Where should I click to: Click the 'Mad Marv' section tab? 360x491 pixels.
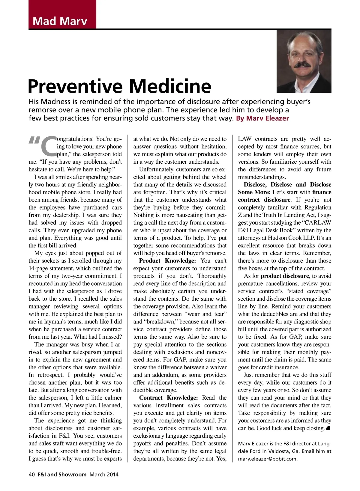pos(60,21)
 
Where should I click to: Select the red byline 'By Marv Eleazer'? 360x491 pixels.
pos(262,118)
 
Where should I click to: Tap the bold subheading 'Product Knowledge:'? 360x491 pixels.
pos(167,261)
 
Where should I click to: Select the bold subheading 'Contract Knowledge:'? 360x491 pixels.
pos(168,398)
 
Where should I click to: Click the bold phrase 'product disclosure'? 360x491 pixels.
pos(284,276)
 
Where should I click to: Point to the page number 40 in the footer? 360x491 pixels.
pos(32,475)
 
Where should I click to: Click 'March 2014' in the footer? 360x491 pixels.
pos(104,475)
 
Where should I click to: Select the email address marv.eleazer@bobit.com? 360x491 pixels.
pos(268,459)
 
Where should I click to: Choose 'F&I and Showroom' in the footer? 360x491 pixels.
pos(62,475)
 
